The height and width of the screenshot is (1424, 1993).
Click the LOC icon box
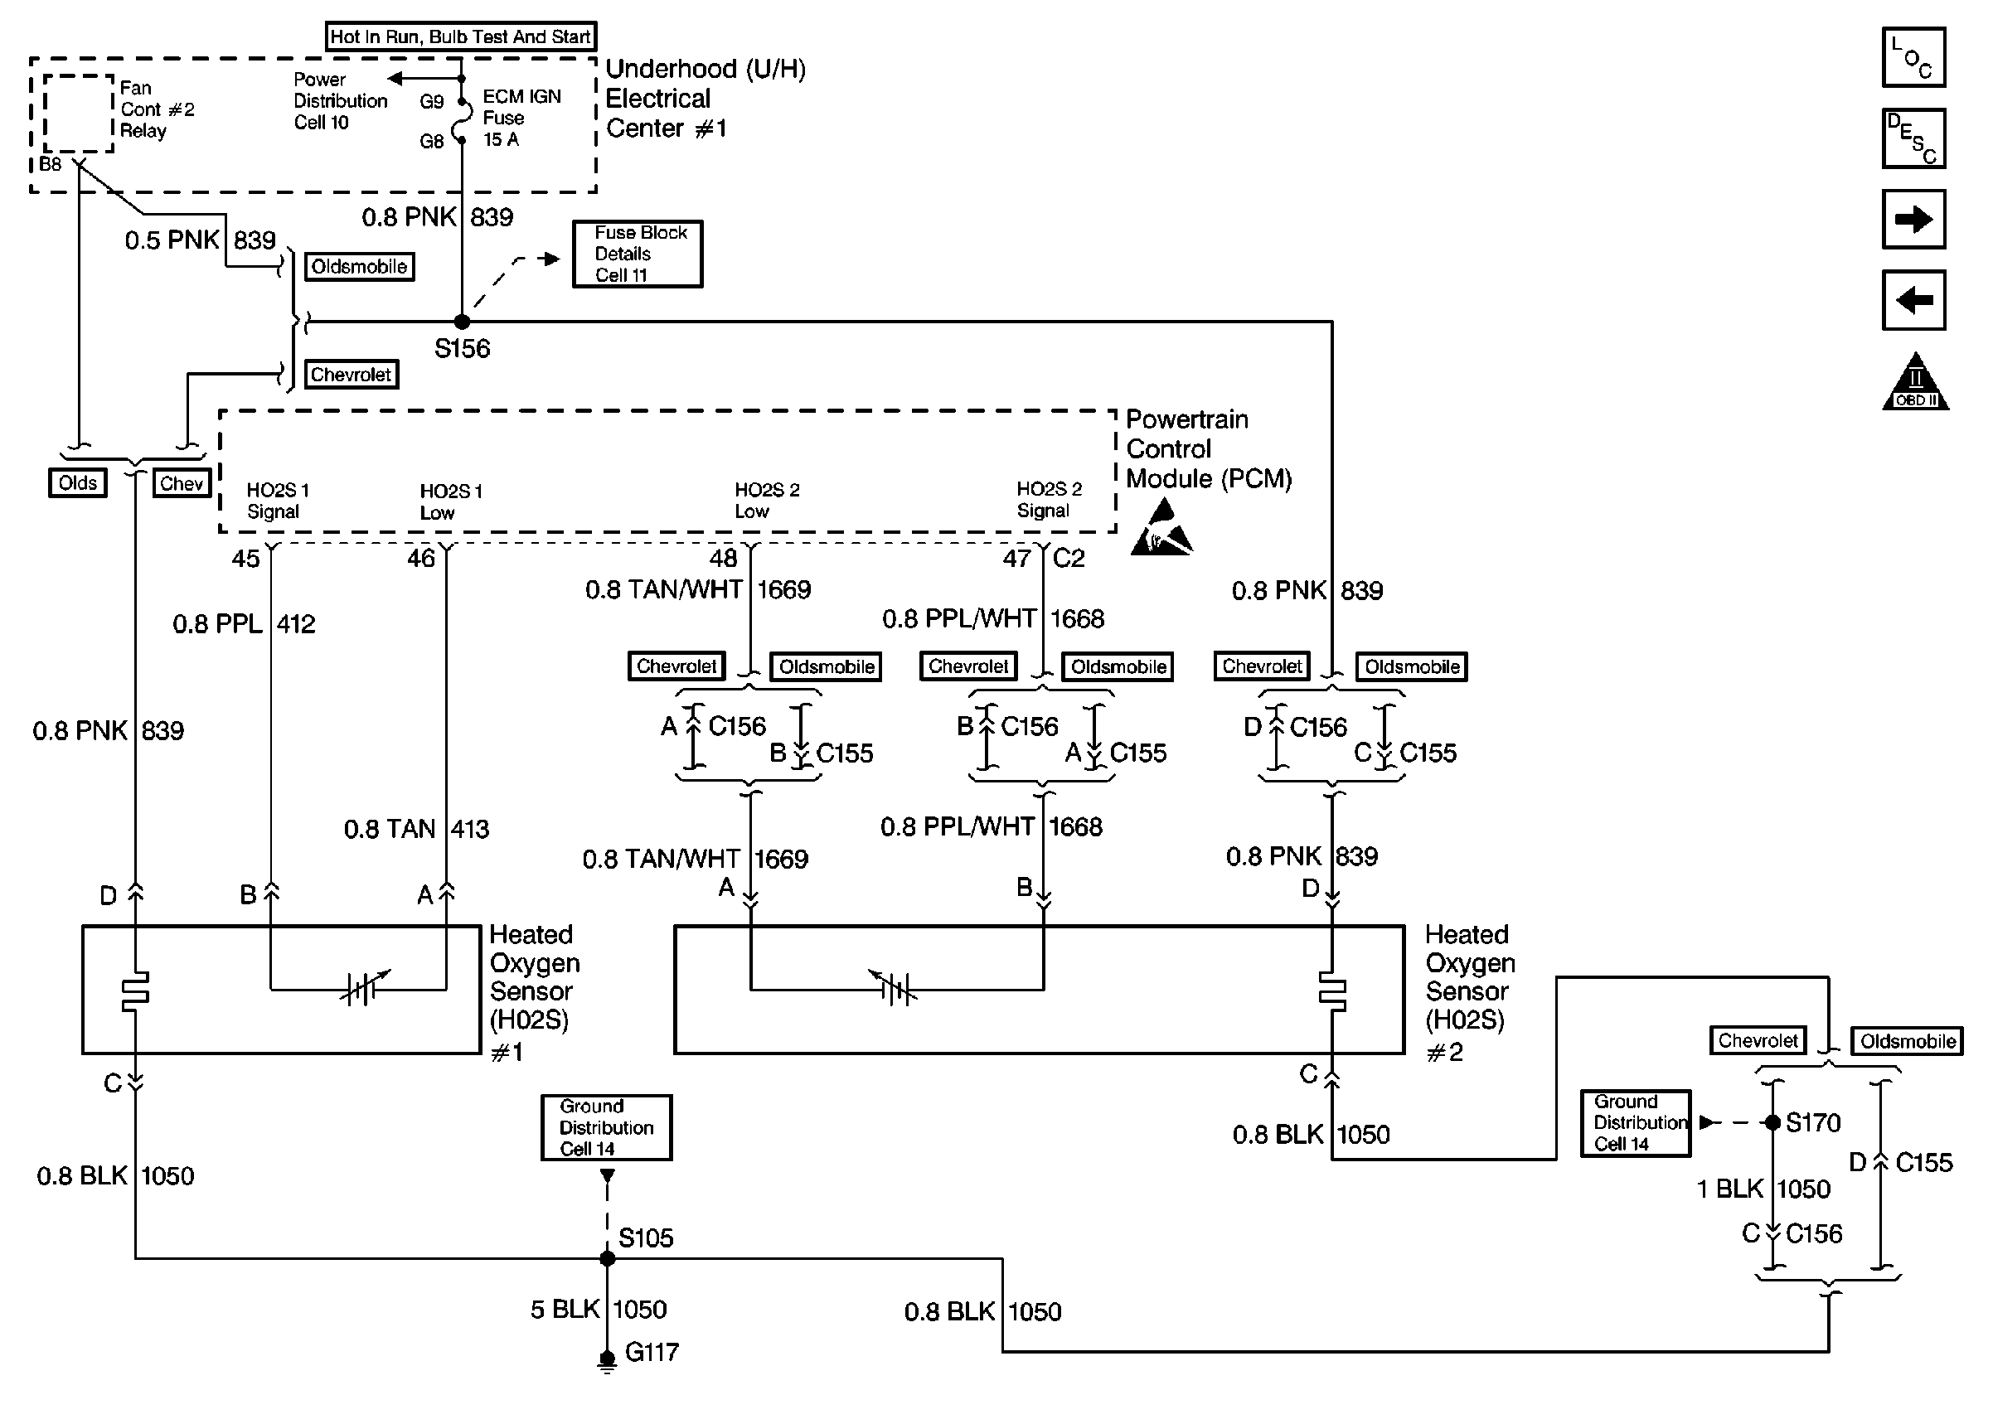click(x=1913, y=57)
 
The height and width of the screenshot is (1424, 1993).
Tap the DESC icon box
click(x=1913, y=138)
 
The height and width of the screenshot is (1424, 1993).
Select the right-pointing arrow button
click(x=1913, y=219)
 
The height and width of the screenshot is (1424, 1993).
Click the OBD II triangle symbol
click(x=1915, y=383)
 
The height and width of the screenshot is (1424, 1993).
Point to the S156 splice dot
click(x=462, y=322)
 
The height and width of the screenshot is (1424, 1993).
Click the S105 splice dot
click(x=607, y=1258)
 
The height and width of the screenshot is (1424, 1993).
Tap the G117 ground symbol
click(x=607, y=1360)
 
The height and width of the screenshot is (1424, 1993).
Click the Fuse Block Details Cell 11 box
click(x=638, y=254)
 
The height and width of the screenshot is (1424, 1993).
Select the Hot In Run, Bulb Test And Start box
click(x=461, y=36)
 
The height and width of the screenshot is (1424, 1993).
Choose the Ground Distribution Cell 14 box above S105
click(x=606, y=1127)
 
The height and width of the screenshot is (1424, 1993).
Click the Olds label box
click(x=78, y=483)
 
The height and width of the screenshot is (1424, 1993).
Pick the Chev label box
click(x=182, y=483)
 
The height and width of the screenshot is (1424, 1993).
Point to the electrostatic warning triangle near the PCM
click(x=1161, y=528)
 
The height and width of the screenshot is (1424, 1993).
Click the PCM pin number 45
click(x=245, y=559)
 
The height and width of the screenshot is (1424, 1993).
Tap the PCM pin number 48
click(x=724, y=558)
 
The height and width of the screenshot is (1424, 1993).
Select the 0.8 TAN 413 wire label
click(x=416, y=829)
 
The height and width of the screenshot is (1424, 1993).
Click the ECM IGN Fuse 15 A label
click(x=521, y=118)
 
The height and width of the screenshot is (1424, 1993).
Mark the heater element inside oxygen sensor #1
click(x=135, y=989)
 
